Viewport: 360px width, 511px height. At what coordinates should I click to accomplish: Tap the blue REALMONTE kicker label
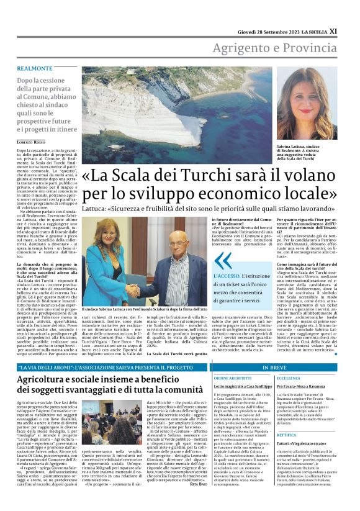point(35,68)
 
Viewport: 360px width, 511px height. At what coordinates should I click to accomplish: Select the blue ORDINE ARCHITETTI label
point(232,378)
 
